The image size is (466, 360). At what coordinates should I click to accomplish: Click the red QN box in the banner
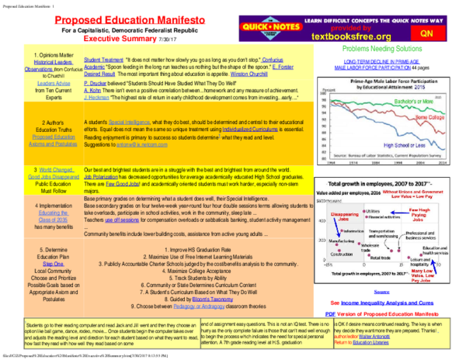pyautogui.click(x=426, y=34)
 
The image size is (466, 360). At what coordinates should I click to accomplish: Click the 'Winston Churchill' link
pyautogui.click(x=266, y=73)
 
